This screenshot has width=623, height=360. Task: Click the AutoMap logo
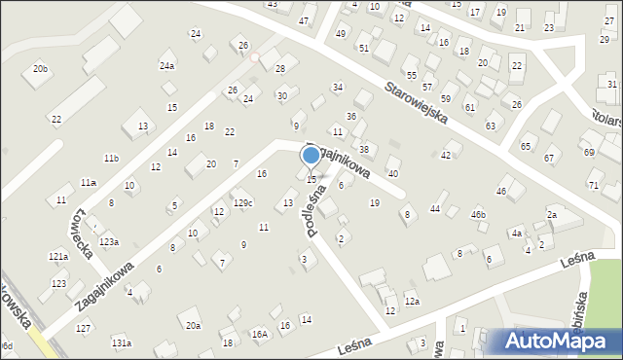tap(556, 341)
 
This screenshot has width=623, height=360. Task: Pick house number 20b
tap(40, 69)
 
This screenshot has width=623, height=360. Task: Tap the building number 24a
tap(167, 66)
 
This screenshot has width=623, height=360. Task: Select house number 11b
tap(112, 158)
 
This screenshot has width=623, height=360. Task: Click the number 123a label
tap(109, 241)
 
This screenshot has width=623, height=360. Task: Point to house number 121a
tap(59, 256)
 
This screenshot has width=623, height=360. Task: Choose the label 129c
tap(242, 202)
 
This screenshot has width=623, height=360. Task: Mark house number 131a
tap(121, 343)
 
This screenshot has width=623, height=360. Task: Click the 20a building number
tap(193, 325)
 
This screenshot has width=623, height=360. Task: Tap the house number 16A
tap(259, 335)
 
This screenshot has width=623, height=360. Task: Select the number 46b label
tap(478, 214)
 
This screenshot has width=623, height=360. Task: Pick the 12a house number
tap(412, 303)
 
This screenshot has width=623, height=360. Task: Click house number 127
tap(84, 329)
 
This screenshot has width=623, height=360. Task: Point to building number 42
tap(447, 155)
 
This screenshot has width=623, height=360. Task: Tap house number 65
tap(527, 146)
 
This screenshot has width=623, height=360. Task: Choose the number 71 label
tap(593, 185)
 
